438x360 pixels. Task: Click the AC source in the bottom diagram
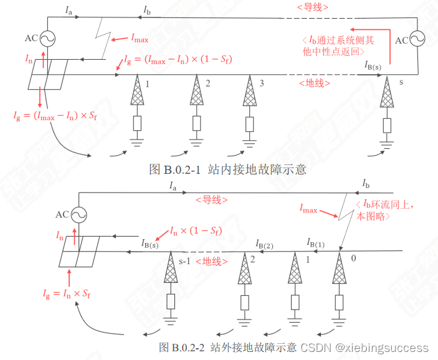(x=79, y=215)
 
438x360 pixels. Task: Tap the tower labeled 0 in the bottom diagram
(x=340, y=273)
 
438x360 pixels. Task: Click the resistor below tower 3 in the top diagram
(x=249, y=123)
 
